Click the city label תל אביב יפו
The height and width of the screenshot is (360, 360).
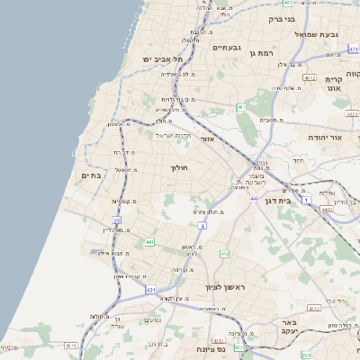tap(162, 59)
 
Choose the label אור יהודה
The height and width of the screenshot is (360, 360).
tap(337, 138)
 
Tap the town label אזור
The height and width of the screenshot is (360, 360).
tap(205, 139)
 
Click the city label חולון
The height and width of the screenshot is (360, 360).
tap(177, 167)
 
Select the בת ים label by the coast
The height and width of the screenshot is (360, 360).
tap(90, 175)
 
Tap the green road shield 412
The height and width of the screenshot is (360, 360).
tap(223, 254)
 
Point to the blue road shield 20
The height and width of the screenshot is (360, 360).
tap(117, 220)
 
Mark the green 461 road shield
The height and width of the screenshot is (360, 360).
tap(240, 107)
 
